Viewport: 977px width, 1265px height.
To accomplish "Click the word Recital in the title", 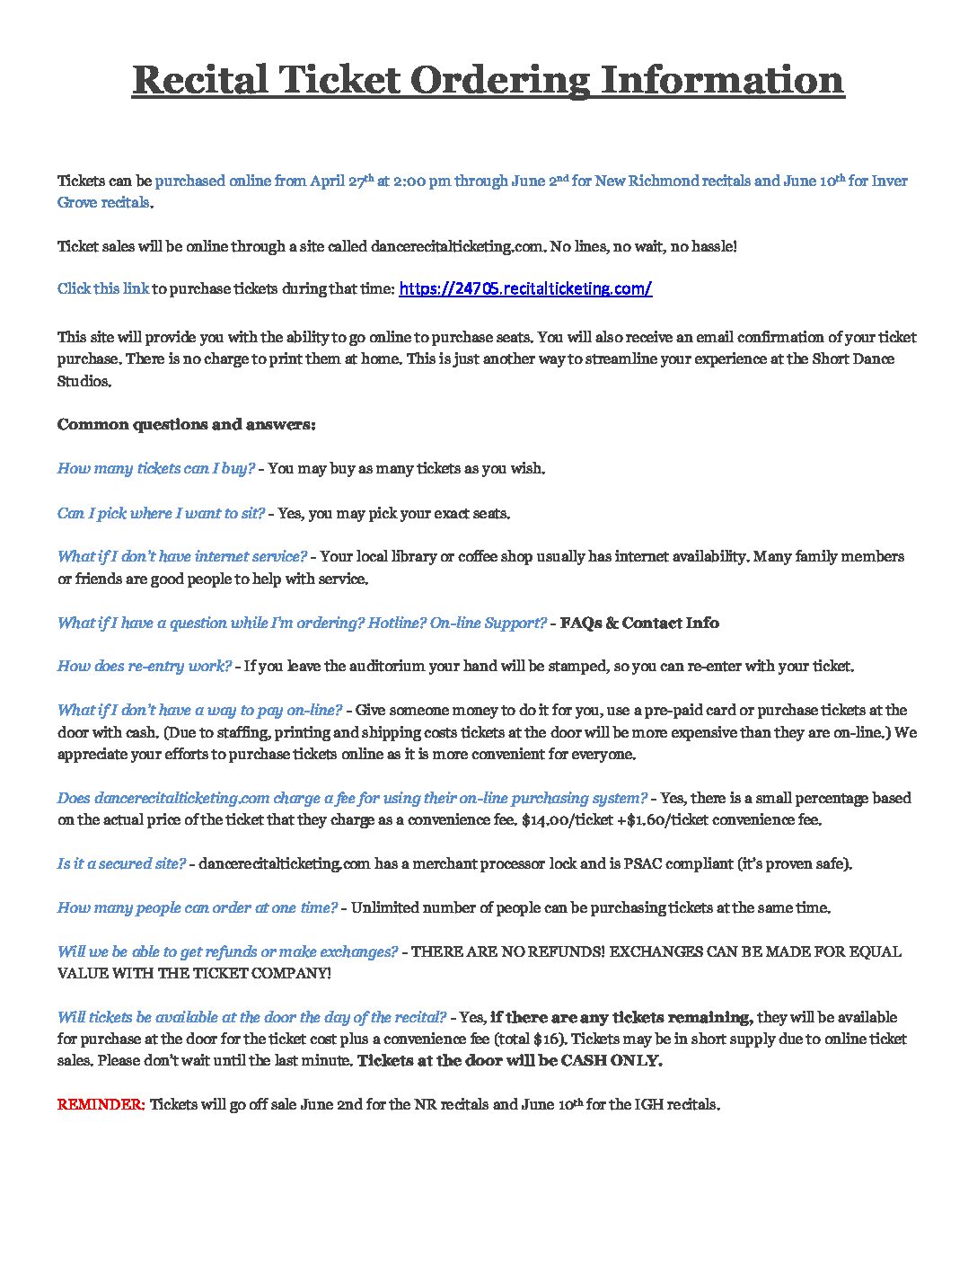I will click(199, 80).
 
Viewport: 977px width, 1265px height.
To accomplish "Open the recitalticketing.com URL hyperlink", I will click(524, 288).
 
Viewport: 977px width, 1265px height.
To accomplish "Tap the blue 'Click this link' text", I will click(103, 288).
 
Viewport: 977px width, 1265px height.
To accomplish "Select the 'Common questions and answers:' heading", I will click(186, 424).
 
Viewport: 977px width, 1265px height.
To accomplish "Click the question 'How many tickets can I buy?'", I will click(156, 468).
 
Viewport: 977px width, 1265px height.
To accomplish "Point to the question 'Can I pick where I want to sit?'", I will click(161, 513).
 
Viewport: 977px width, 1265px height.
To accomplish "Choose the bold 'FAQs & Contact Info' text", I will click(639, 623).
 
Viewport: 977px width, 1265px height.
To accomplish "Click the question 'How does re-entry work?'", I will click(145, 666).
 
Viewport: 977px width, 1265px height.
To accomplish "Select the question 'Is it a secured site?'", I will click(121, 863).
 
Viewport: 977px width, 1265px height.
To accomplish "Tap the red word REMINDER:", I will click(101, 1104).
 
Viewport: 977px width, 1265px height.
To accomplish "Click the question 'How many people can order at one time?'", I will click(198, 907).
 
